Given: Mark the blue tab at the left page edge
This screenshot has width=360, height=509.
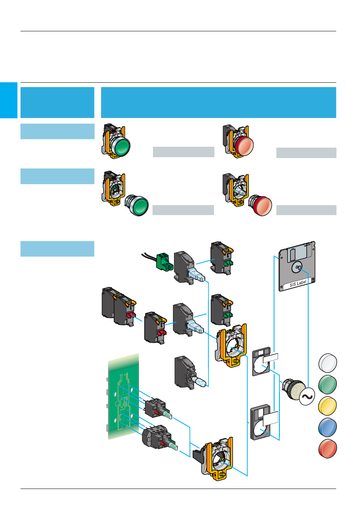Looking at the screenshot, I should click(8, 100).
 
